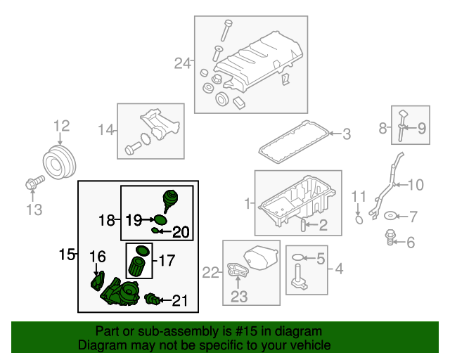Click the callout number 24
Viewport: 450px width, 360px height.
(182, 63)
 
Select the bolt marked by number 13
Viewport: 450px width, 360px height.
(34, 183)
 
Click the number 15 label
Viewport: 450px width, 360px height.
(66, 255)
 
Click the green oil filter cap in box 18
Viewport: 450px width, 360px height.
(170, 200)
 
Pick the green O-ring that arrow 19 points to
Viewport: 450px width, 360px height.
(160, 220)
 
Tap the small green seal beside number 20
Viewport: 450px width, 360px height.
(155, 230)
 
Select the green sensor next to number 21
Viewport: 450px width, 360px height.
(152, 299)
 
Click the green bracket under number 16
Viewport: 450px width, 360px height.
(98, 281)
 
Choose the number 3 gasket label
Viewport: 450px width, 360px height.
(347, 134)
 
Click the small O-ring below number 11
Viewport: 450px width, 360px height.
(359, 220)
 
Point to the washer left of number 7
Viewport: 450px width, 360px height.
(390, 216)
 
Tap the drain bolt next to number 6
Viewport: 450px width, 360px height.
(390, 237)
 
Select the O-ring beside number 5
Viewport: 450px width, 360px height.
(297, 257)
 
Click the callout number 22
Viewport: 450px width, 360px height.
(210, 272)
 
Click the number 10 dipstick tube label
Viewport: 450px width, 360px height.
(416, 185)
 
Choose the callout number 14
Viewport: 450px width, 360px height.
(106, 130)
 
